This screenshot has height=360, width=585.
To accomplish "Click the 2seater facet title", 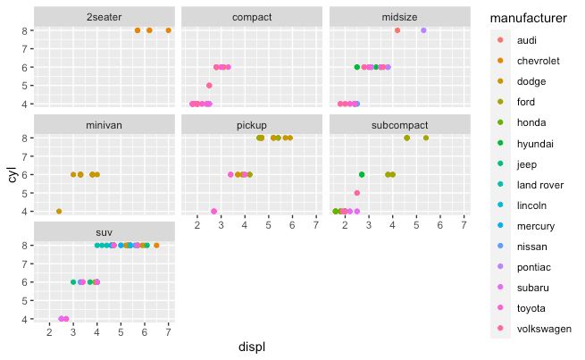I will click(104, 17).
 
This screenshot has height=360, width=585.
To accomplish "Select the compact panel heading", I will click(252, 17).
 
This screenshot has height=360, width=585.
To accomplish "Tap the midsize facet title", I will click(399, 17).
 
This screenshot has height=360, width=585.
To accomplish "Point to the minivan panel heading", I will click(104, 125).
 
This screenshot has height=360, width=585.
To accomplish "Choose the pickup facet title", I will click(252, 125).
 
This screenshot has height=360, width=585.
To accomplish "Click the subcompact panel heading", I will click(399, 125).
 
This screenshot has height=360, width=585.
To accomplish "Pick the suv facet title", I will click(104, 233).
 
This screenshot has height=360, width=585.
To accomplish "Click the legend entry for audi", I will click(528, 40).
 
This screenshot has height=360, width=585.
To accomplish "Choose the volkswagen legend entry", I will click(543, 329).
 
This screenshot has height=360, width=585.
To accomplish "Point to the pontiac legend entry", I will click(533, 266).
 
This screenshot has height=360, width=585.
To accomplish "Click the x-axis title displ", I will click(252, 347).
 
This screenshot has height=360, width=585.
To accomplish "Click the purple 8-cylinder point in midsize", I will click(423, 30).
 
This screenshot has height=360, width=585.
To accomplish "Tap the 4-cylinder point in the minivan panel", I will click(59, 212).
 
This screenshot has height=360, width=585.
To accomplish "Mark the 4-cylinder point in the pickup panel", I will click(214, 212).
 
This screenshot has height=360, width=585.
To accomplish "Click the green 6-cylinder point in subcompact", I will click(362, 174).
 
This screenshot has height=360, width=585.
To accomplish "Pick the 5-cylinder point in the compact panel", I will click(209, 86).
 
